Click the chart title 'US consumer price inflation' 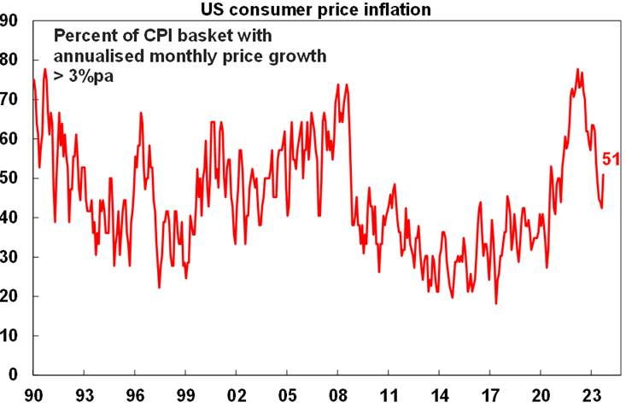pos(313,9)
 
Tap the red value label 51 pos(611,159)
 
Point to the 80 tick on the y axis pos(12,60)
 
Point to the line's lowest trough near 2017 pos(495,304)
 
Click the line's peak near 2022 pos(577,69)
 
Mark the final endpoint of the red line pos(604,175)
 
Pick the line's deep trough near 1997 pos(159,288)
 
